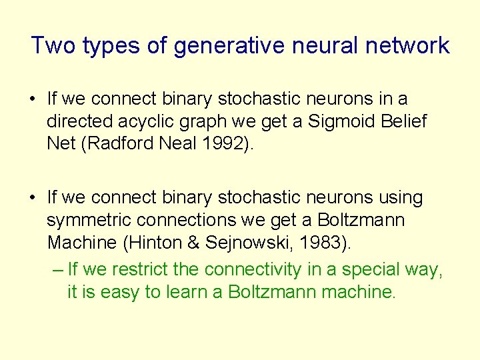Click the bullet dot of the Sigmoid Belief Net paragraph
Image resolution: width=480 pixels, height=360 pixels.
32,99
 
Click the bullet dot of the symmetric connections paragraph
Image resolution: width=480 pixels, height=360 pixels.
32,199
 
